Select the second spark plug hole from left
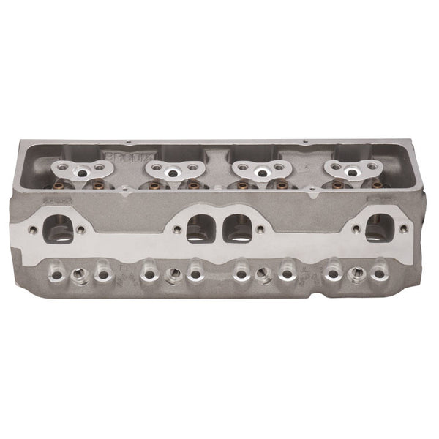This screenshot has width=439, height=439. [x=173, y=274]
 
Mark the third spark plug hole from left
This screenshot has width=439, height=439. [x=262, y=274]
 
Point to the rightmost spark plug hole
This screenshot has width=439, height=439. [x=356, y=274]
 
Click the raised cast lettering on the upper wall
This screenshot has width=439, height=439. [x=119, y=157]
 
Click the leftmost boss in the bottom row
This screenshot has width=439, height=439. [x=55, y=275]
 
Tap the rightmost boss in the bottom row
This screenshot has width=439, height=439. [x=378, y=275]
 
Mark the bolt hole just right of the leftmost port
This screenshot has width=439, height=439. [x=80, y=229]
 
